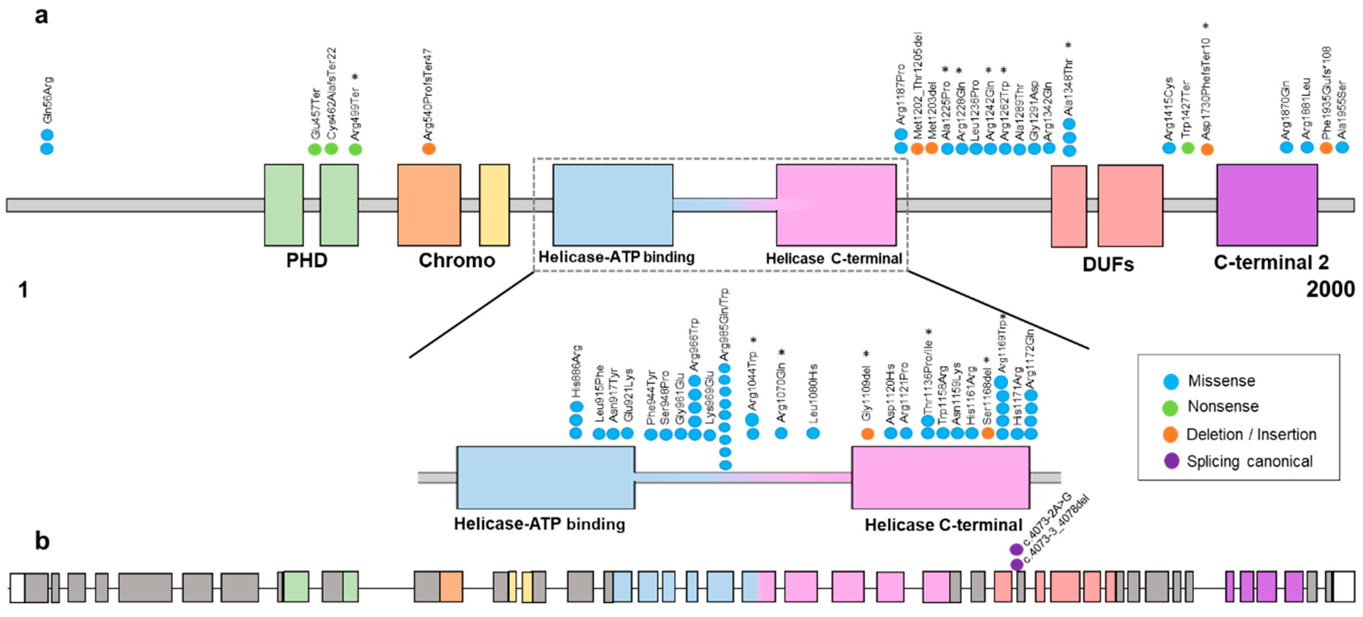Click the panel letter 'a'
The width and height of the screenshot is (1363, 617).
click(x=41, y=16)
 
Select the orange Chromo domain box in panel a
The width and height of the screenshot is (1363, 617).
click(x=429, y=205)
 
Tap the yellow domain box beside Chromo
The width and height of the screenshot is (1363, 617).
click(x=494, y=205)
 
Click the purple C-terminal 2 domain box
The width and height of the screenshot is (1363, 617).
click(x=1266, y=205)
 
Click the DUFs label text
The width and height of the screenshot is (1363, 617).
click(x=1108, y=264)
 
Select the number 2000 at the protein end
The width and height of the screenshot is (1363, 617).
click(x=1330, y=289)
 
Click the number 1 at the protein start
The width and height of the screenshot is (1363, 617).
click(x=23, y=290)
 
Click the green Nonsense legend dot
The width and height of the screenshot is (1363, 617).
click(x=1170, y=407)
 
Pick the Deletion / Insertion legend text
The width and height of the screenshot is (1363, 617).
click(x=1251, y=434)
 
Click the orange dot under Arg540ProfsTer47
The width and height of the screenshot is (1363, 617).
click(x=429, y=149)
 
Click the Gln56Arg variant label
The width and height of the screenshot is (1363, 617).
click(x=47, y=99)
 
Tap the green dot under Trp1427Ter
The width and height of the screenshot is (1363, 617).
click(x=1187, y=148)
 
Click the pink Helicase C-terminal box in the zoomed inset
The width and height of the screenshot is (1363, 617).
click(x=940, y=477)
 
